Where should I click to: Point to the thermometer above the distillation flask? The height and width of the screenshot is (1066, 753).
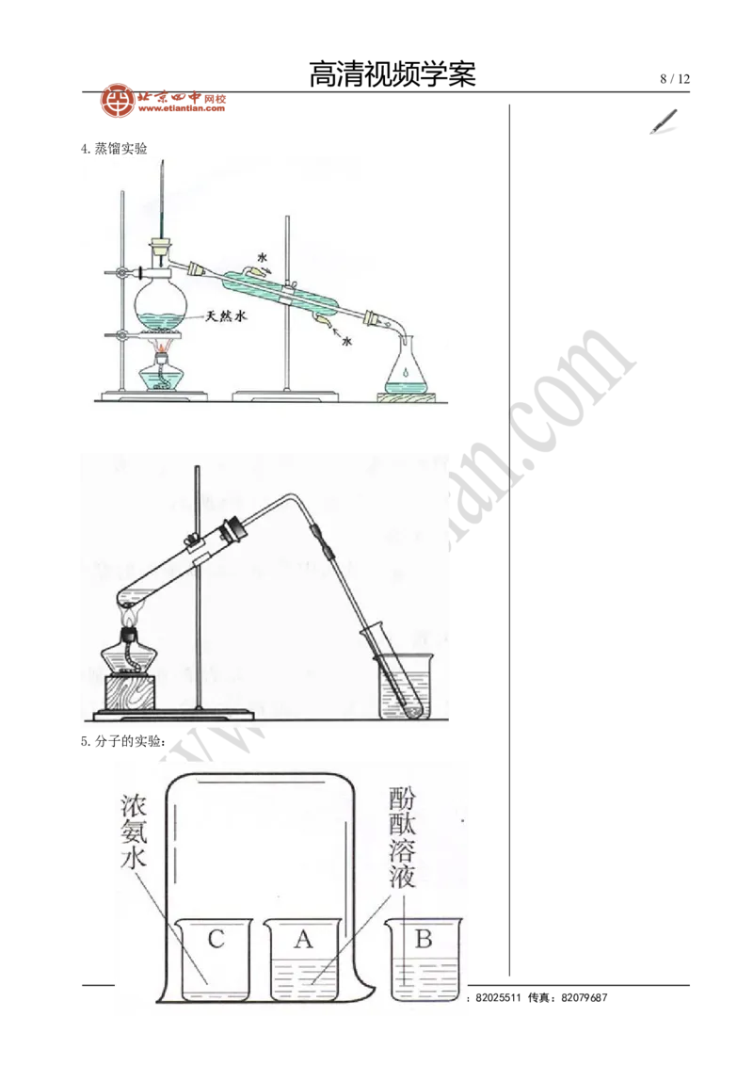[163, 202]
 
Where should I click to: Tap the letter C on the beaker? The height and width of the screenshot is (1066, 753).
[215, 939]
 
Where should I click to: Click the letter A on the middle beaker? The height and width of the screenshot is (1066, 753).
[302, 939]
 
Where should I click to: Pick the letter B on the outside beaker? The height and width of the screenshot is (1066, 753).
[424, 939]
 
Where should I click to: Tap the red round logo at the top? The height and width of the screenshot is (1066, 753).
[118, 101]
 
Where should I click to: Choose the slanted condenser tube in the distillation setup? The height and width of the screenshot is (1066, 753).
[282, 293]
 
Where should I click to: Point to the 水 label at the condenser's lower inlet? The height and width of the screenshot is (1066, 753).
[347, 331]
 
